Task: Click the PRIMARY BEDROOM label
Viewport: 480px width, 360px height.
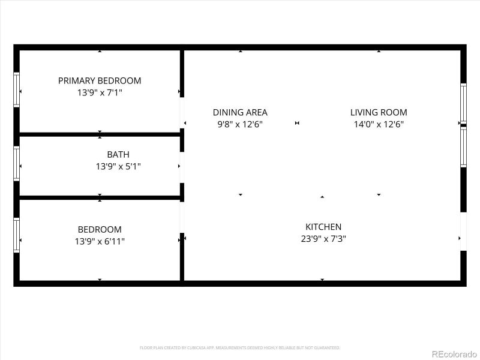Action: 100,80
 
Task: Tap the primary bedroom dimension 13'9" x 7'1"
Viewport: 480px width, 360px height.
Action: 100,92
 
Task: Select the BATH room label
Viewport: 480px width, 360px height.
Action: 118,154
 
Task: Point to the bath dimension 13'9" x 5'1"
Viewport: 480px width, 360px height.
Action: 118,166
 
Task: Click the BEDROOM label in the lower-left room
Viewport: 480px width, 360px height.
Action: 100,229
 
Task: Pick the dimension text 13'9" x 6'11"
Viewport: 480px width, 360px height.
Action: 100,241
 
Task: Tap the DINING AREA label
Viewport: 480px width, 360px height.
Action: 240,112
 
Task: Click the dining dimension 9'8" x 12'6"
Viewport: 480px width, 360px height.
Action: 240,124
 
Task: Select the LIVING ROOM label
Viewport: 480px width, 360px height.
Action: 379,112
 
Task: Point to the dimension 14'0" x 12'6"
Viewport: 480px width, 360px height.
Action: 379,124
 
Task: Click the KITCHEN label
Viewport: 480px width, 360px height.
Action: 323,227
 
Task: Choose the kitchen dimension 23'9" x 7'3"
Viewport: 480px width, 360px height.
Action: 323,238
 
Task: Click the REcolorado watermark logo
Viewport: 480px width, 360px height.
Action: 454,353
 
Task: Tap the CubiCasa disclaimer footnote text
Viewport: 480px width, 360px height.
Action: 240,347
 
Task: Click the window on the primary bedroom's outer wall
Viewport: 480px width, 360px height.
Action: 17,90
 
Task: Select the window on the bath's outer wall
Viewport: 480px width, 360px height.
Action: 17,163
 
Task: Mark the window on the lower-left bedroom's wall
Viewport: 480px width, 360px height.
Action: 17,236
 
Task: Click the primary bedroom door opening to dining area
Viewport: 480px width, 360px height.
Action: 182,113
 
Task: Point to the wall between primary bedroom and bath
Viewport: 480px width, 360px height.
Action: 100,134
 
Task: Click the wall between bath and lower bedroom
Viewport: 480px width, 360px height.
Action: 100,197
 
